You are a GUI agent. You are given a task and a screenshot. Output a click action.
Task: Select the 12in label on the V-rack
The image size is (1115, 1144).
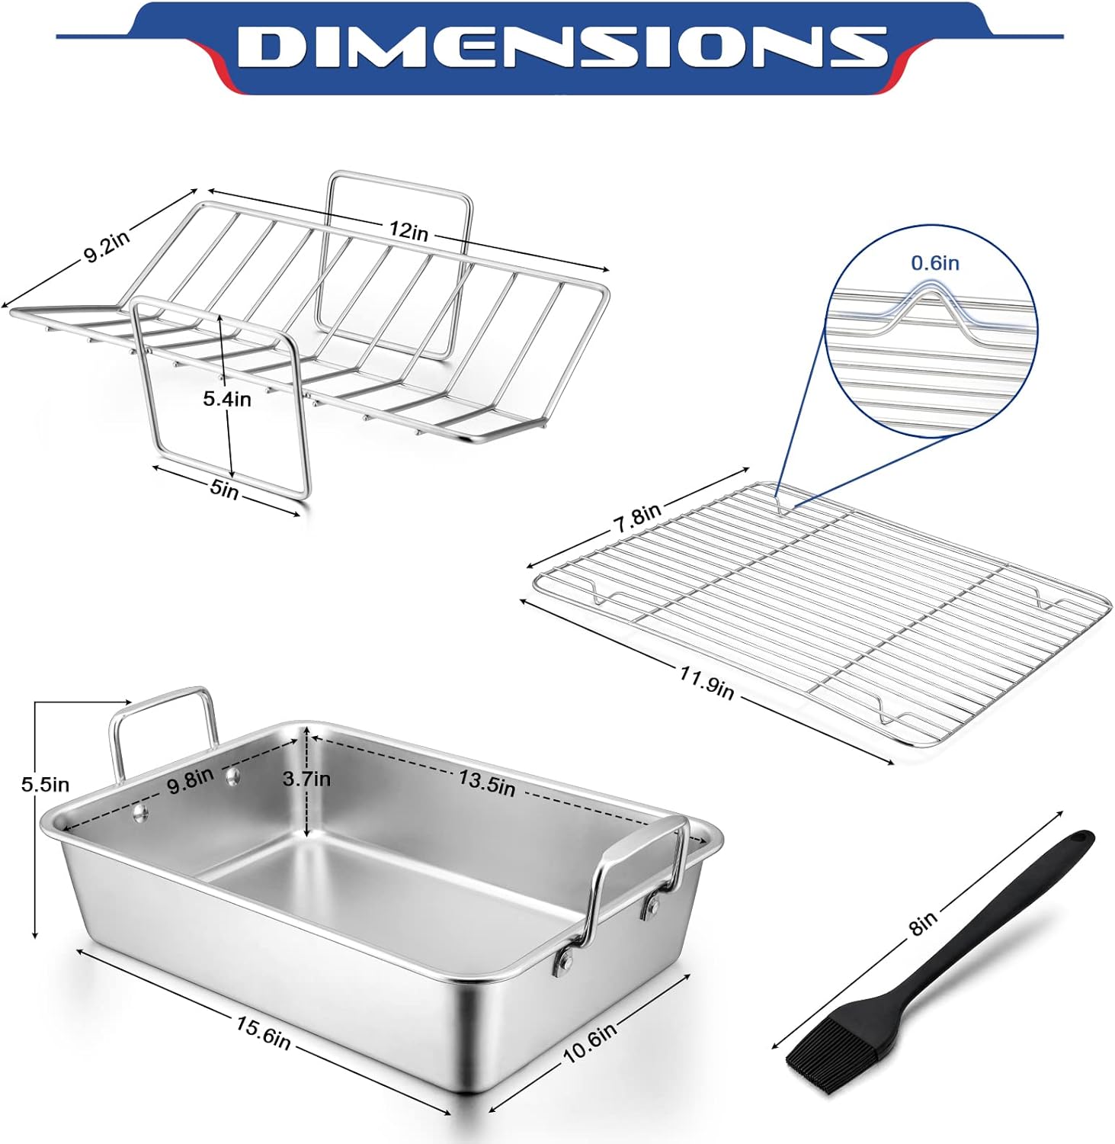(409, 230)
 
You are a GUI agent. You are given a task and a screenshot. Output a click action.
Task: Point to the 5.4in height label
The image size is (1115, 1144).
(227, 398)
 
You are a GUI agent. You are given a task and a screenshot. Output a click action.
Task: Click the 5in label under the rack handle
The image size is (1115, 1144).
(224, 489)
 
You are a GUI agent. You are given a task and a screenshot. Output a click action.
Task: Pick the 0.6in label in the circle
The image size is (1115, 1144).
(935, 263)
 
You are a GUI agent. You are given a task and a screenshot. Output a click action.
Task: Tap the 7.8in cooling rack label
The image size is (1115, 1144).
(637, 519)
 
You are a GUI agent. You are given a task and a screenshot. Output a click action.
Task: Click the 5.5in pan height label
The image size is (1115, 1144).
(45, 784)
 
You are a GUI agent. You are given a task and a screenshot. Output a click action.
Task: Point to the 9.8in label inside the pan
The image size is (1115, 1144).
(191, 781)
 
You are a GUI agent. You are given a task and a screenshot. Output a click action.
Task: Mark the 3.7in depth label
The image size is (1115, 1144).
(306, 779)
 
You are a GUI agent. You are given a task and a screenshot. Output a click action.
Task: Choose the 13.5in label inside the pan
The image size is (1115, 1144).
(486, 782)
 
